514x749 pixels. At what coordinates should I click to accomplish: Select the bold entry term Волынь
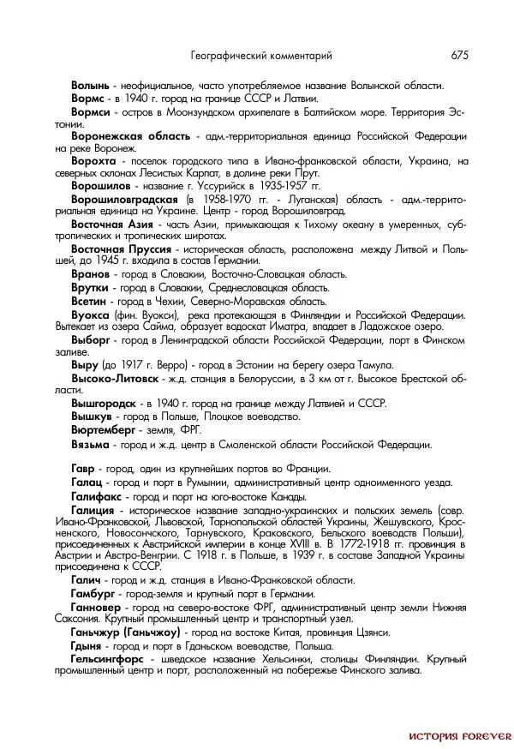(90, 86)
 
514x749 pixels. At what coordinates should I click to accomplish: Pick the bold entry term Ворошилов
(101, 186)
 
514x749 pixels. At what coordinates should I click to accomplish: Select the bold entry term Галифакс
(99, 496)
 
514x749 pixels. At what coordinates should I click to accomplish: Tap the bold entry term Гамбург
(96, 595)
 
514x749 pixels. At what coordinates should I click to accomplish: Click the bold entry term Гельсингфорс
(109, 659)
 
